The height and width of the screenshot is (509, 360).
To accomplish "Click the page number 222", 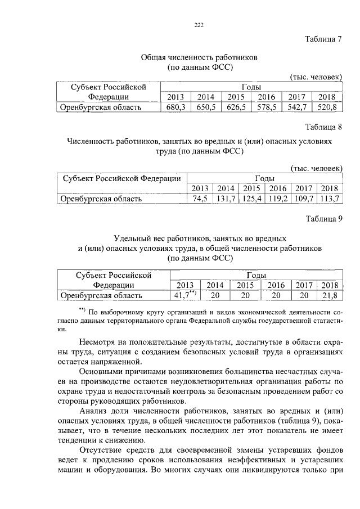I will [x=198, y=24].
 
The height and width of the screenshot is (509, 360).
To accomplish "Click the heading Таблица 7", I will [x=323, y=40].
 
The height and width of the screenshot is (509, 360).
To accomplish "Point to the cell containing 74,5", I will [x=200, y=199].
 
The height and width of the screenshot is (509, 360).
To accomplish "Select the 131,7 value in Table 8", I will [x=226, y=199].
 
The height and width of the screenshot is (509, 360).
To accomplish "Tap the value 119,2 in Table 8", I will [x=278, y=199].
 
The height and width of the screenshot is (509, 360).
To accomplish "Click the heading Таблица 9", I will [x=323, y=219].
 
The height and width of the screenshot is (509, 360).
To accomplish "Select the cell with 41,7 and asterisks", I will [x=185, y=295].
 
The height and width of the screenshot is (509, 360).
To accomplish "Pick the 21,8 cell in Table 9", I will [x=330, y=295].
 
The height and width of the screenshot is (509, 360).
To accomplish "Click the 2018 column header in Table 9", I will [x=330, y=285].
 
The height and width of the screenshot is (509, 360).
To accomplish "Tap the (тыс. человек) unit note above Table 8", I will [x=316, y=168].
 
